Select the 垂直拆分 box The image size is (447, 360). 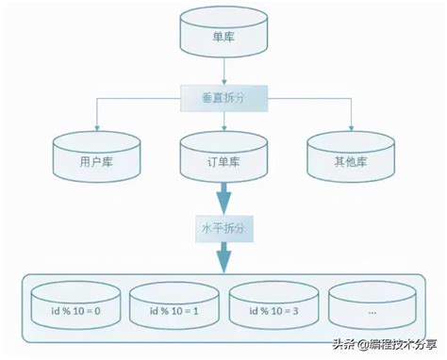point(223,95)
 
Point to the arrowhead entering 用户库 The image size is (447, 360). point(93,128)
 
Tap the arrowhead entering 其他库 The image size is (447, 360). point(350,128)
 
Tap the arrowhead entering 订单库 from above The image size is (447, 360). point(223,128)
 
